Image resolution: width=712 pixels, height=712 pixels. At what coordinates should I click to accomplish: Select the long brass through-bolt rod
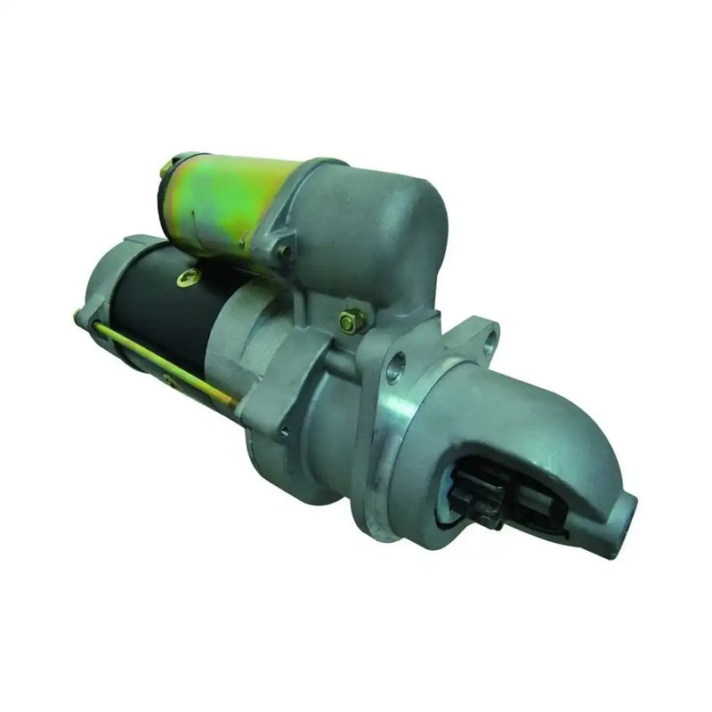click(x=160, y=356)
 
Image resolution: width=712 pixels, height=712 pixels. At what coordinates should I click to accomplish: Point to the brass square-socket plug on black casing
click(x=188, y=278)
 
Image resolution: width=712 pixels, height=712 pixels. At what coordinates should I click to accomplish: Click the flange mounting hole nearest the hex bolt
click(x=396, y=366)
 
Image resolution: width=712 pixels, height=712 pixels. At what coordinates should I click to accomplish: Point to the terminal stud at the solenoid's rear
click(x=166, y=169)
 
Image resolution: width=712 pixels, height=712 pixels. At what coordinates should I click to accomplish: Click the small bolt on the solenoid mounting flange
click(x=285, y=252)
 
